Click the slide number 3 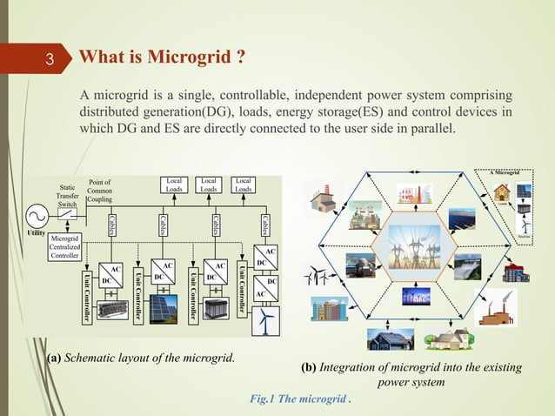(50, 60)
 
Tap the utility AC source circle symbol (38, 215)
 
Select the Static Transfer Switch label (67, 196)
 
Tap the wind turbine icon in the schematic (265, 320)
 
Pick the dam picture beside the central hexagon (467, 264)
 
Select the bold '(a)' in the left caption (53, 359)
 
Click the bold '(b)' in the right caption (308, 367)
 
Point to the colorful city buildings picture (330, 309)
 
